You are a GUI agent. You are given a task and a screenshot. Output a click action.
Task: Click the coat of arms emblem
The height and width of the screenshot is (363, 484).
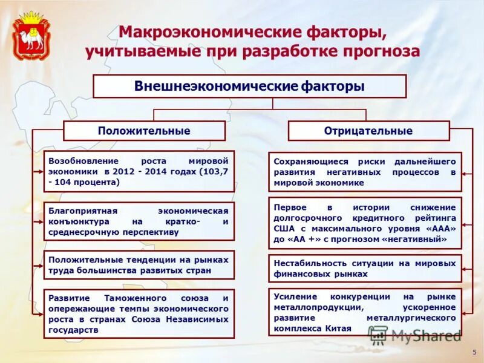(x=31, y=35)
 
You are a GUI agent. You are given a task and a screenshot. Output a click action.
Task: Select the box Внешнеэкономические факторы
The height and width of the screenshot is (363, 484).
(x=249, y=86)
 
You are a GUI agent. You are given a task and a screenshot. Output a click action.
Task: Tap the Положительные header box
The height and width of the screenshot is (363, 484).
(x=144, y=131)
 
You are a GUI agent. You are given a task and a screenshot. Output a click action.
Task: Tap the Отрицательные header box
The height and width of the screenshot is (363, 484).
(x=368, y=131)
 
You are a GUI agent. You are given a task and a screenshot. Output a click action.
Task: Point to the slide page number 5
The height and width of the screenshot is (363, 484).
(x=473, y=352)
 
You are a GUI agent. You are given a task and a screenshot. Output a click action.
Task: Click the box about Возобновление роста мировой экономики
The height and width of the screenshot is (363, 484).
(x=139, y=171)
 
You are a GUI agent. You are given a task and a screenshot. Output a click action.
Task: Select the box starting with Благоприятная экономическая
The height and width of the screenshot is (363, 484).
(x=139, y=221)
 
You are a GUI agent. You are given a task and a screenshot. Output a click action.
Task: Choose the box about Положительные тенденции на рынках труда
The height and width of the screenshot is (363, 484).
(x=139, y=265)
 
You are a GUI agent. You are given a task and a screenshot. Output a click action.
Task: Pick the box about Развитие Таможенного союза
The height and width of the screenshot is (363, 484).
(x=139, y=314)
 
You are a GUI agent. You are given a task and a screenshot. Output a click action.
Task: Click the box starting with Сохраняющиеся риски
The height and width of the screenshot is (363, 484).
(x=364, y=172)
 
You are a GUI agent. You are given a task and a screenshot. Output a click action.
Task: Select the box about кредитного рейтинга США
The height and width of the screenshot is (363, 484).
(x=364, y=223)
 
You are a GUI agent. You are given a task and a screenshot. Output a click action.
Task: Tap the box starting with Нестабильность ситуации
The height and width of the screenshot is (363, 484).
(x=364, y=269)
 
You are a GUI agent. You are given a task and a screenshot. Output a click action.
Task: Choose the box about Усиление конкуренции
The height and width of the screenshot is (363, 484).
(x=364, y=312)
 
